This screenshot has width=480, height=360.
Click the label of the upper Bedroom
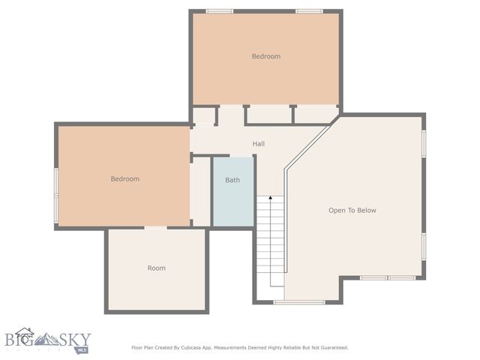point(265,56)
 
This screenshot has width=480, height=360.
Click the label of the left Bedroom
point(125,178)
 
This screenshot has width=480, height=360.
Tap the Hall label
point(258,143)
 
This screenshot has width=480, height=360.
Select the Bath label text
point(232,180)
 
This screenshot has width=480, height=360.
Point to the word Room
point(156,268)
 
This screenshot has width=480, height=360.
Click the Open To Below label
point(352,210)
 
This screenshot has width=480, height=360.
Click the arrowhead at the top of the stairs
point(270,199)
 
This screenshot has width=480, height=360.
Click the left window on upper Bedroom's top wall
point(219,11)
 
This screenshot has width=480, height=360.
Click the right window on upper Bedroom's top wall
point(309,11)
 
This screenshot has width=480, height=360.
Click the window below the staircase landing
point(298,301)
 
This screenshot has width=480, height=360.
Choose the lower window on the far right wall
point(424,245)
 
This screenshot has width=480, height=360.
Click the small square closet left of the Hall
point(203,116)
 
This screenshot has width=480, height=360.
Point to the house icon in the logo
point(24,333)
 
